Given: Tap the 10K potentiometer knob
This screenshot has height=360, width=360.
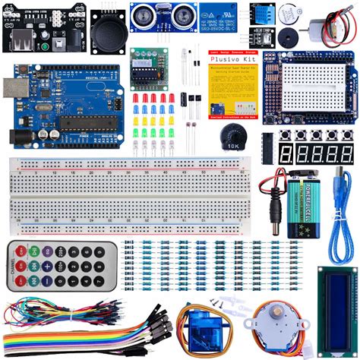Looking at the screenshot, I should pyautogui.click(x=229, y=135).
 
